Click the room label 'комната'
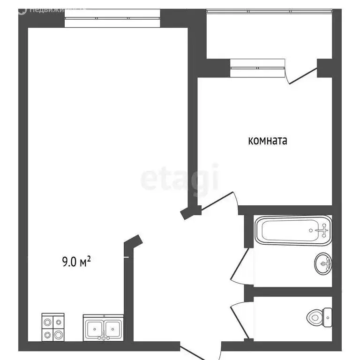(267, 141)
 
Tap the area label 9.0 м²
(76, 262)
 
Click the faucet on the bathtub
(322, 230)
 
